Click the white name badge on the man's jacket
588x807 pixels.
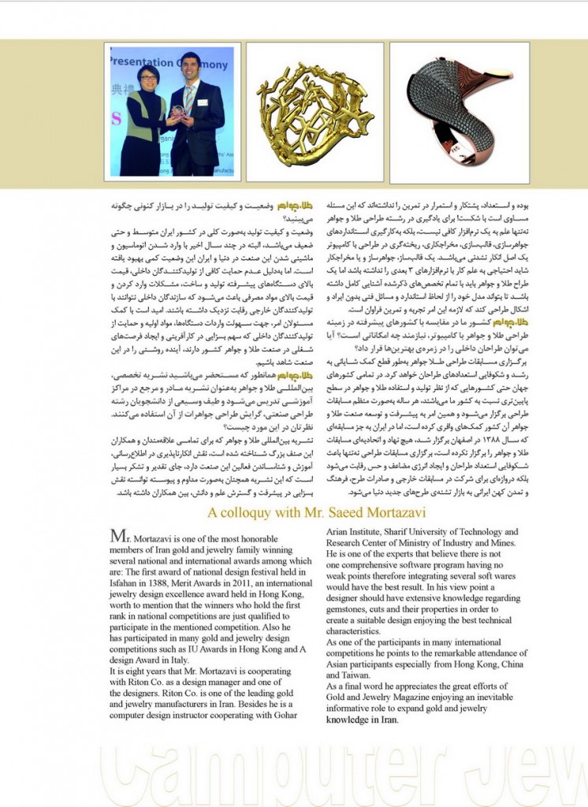pos(203,102)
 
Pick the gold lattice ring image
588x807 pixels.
pos(315,112)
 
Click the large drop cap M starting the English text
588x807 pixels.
pos(117,535)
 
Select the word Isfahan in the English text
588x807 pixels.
pos(126,575)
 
